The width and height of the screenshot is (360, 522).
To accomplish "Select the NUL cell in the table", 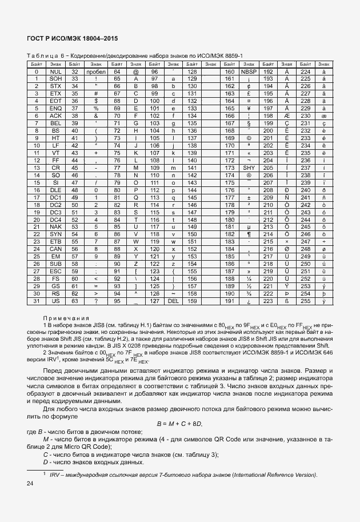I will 55,72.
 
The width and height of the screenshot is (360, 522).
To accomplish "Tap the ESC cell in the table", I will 55,272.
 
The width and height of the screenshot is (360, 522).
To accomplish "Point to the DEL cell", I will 173,301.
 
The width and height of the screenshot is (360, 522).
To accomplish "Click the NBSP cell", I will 249,72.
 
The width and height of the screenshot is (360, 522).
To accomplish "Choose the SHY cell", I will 249,168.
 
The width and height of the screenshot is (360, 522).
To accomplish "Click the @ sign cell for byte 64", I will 136,72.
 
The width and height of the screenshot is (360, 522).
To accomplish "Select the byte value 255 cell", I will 305,301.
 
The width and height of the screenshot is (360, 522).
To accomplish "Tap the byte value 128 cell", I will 192,72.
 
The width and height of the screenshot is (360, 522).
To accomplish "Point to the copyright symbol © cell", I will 249,138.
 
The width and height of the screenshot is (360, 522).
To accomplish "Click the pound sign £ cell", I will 249,94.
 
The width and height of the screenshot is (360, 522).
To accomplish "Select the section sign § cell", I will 249,123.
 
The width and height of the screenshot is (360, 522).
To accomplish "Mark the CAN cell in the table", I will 55,249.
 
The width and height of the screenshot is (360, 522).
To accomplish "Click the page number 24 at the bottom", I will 30,484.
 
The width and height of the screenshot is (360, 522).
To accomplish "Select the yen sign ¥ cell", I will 249,109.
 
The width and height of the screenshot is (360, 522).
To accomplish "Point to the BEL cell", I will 55,123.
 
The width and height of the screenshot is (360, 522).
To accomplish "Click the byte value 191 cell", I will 230,301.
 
